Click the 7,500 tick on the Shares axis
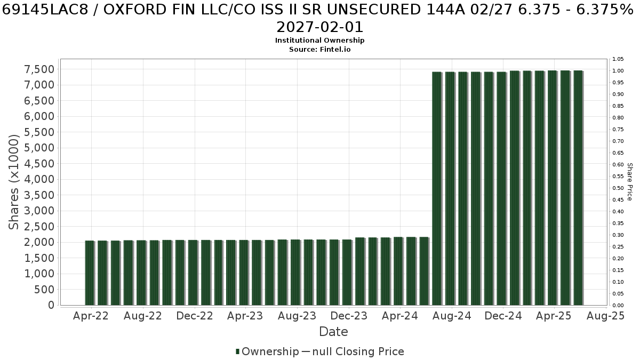39,69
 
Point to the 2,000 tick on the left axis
39,242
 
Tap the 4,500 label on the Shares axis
39,164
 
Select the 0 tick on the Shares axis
51,305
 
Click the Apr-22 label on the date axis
91,316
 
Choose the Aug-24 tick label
452,316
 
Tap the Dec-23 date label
349,316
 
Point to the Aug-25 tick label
606,316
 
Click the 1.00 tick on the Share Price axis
618,71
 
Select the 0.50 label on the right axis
618,188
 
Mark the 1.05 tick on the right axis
618,59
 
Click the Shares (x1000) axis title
13,182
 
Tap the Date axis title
333,332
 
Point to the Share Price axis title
629,182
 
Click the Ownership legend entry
267,351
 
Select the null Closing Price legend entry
353,351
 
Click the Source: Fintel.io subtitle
319,50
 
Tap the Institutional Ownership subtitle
319,41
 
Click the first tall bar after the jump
437,189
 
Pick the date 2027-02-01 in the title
319,27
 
